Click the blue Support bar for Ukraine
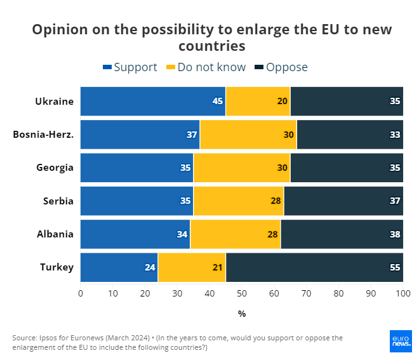(152, 101)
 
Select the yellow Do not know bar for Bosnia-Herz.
(248, 135)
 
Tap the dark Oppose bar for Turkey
(314, 267)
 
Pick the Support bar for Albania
(135, 234)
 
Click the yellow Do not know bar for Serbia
(238, 201)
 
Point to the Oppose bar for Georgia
(347, 168)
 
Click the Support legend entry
(130, 67)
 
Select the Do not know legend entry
(205, 67)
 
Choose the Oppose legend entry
(281, 67)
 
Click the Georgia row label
(55, 168)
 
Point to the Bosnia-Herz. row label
(43, 135)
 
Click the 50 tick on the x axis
(242, 294)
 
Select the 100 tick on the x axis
(402, 294)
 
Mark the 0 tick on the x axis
(81, 294)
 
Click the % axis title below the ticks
(242, 314)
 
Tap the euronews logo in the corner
(401, 341)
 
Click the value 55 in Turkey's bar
(394, 267)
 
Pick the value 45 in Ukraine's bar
(217, 101)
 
